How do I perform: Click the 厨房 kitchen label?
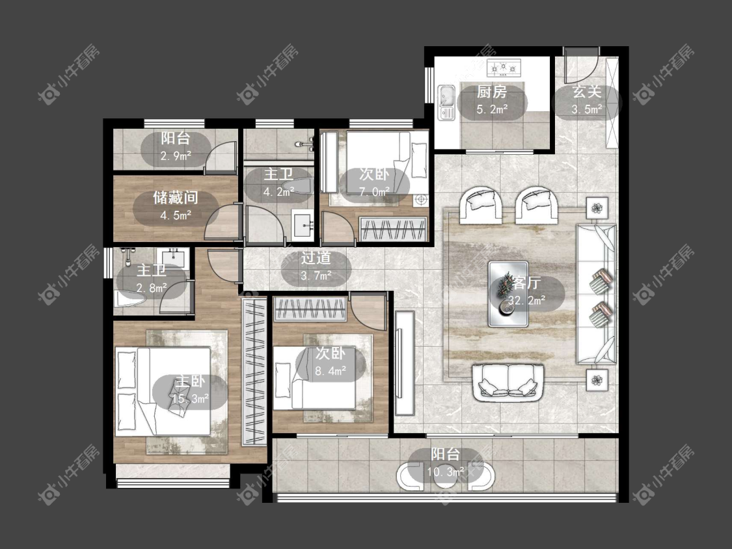coord(492,92)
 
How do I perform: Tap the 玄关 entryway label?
coord(587,92)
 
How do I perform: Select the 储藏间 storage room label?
coord(176,198)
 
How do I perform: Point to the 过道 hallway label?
coord(316,258)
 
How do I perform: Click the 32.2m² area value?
coord(526,300)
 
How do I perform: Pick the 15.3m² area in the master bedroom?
coord(190,399)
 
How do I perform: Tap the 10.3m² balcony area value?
coord(445,472)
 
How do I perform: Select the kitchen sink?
coord(446,103)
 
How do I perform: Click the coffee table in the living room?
coord(508,294)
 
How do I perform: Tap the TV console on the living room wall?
coord(405,363)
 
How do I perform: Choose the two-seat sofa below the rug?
coord(508,383)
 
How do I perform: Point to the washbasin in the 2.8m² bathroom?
coord(176,258)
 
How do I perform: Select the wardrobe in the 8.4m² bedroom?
coord(310,309)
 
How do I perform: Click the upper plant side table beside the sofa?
coord(597,208)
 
